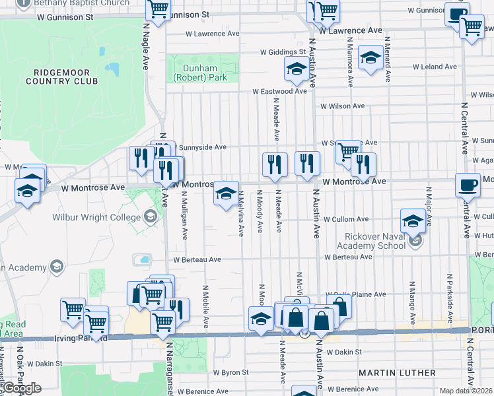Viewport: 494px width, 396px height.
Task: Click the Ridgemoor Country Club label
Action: tap(61, 76)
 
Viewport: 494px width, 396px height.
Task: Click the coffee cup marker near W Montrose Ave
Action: tap(468, 185)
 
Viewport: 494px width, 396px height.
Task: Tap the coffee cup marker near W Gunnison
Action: tap(456, 15)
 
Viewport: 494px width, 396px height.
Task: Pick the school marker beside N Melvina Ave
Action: tap(226, 193)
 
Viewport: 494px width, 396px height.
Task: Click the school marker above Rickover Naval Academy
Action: tap(413, 220)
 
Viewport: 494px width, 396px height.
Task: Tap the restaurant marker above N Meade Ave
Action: tap(275, 164)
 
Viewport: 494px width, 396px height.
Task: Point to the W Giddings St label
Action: tap(283, 52)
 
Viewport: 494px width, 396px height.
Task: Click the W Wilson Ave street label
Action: tap(342, 106)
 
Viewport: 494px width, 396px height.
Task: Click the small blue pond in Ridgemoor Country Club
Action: tap(112, 69)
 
